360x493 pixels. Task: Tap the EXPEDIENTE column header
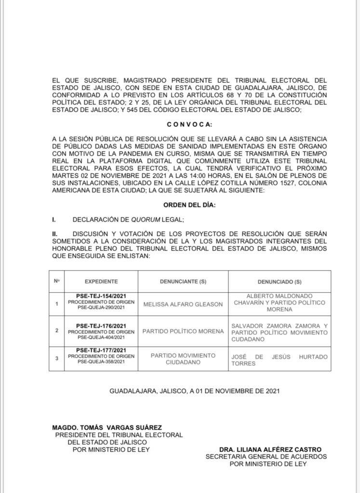click(x=101, y=281)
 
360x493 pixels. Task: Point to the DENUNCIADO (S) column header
click(x=280, y=281)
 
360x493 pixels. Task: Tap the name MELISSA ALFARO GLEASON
click(x=183, y=304)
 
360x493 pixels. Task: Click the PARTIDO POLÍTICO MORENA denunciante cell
click(x=183, y=331)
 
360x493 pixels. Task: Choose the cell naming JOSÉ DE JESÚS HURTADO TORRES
click(x=280, y=360)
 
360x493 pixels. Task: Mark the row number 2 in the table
click(x=57, y=331)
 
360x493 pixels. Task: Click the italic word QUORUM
click(x=147, y=220)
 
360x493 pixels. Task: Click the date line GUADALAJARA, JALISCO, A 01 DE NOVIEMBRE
click(x=194, y=391)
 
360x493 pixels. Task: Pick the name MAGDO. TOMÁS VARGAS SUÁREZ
click(x=107, y=428)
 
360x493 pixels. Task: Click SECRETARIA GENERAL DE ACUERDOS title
click(x=266, y=456)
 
